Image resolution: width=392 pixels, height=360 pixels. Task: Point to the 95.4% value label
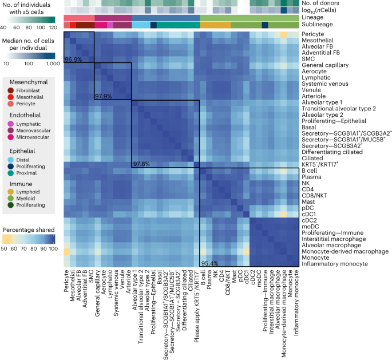pos(209,264)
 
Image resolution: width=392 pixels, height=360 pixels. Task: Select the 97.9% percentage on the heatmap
pos(104,96)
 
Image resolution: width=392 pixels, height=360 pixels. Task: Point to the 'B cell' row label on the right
pos(310,171)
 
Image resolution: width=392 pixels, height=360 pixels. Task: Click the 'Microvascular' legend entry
pos(33,137)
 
